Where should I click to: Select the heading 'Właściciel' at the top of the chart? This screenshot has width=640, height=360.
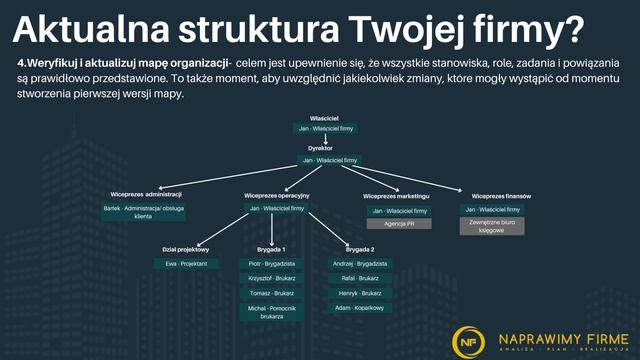[326, 118]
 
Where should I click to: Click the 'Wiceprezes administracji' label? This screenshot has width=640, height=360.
[146, 194]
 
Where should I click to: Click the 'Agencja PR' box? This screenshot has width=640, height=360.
[399, 224]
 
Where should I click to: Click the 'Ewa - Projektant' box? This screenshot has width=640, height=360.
[186, 263]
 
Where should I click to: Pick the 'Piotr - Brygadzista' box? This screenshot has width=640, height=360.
[271, 263]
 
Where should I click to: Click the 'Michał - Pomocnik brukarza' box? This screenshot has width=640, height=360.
[271, 312]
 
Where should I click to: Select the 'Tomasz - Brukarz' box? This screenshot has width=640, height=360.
[271, 294]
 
